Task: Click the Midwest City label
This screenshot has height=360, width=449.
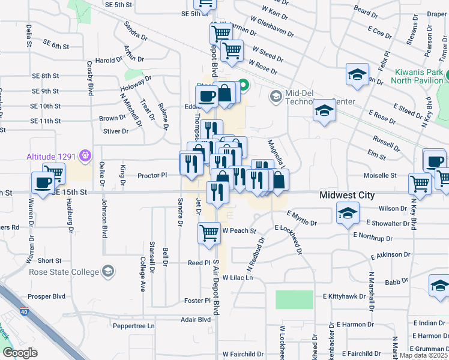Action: pos(347,195)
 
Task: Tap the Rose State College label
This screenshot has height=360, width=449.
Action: pos(64,272)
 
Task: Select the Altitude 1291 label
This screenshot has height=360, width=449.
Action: pos(51,157)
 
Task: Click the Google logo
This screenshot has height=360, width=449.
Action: pos(20,352)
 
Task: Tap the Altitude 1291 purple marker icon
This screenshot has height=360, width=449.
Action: pos(85,157)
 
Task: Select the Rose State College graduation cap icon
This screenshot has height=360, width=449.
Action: pos(107,272)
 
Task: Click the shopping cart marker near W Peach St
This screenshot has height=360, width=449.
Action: pos(209,232)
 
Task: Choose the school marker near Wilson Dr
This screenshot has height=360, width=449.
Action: pos(347,214)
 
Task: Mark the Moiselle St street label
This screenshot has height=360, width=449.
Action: pos(380,176)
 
